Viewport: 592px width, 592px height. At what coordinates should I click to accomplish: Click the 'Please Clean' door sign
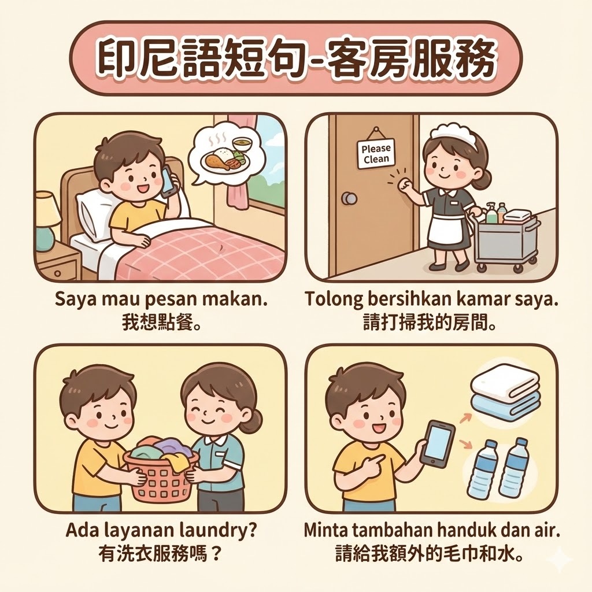(x=375, y=153)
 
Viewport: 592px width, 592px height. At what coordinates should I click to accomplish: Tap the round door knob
(x=349, y=198)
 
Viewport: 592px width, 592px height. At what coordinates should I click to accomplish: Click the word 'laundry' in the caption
(x=218, y=532)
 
